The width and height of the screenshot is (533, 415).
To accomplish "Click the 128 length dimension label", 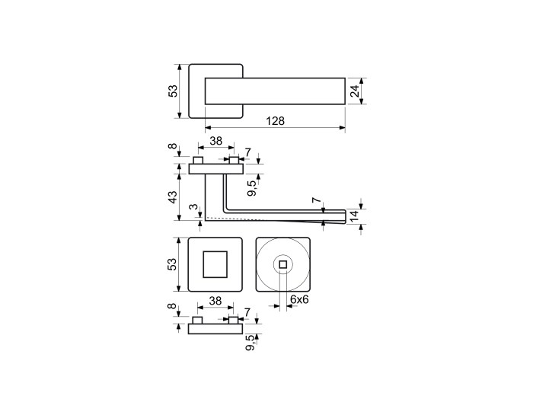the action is pos(276,121).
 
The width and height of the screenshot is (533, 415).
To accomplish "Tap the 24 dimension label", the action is pos(355,91).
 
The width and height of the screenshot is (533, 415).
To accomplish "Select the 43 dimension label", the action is pos(173,197).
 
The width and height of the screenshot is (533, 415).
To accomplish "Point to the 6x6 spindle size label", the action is pos(299,299).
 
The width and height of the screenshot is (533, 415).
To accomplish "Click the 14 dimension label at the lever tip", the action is pos(354,216).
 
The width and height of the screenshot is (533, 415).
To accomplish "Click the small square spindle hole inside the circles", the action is pos(282,264).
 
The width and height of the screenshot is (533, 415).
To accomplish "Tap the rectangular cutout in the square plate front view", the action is pos(215,264).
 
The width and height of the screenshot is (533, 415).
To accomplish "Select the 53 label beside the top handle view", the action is pos(173,91).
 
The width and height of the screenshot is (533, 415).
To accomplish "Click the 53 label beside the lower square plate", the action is pos(173,264).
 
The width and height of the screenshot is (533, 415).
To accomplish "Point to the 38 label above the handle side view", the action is pos(215,141).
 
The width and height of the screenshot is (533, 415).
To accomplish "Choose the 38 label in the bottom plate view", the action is pos(215,301).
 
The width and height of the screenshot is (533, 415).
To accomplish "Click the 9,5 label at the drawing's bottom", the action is pos(251,343).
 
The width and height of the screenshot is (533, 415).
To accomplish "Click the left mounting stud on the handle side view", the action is pos(198,160).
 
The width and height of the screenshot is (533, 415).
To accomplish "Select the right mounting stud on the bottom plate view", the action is pos(233,320).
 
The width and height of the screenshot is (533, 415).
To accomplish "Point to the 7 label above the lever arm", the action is pos(317,201).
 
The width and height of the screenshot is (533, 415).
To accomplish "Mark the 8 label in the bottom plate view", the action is pos(173,306).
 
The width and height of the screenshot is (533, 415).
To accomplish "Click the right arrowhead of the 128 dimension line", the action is pos(343,128).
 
